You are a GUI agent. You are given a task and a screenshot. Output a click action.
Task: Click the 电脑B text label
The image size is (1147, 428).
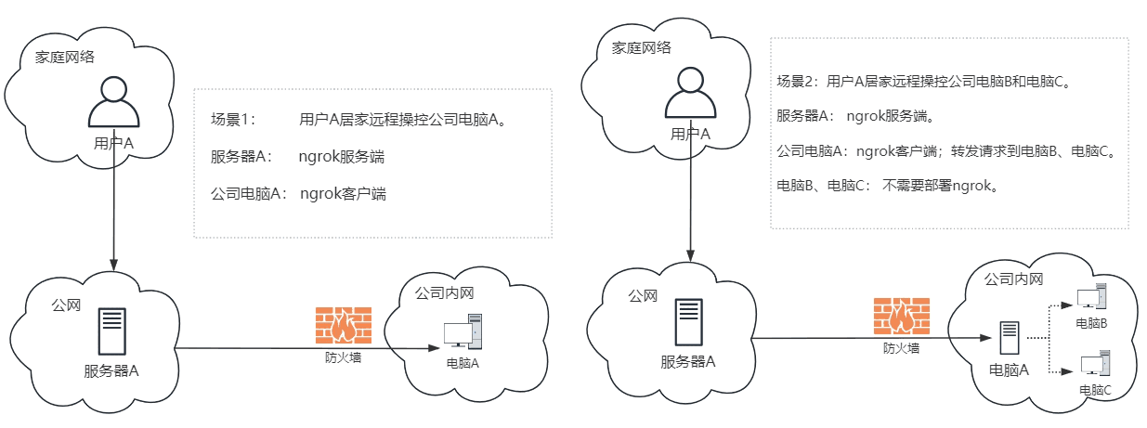[1091, 322]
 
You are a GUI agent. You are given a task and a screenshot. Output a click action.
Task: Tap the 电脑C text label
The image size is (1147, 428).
[1095, 390]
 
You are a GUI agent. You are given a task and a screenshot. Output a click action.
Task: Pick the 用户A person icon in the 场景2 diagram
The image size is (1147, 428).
[691, 96]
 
